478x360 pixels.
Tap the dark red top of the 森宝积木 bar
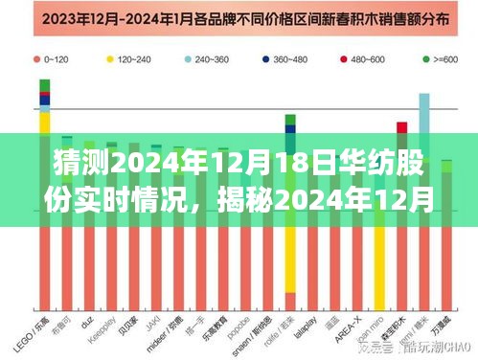point(401,127)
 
